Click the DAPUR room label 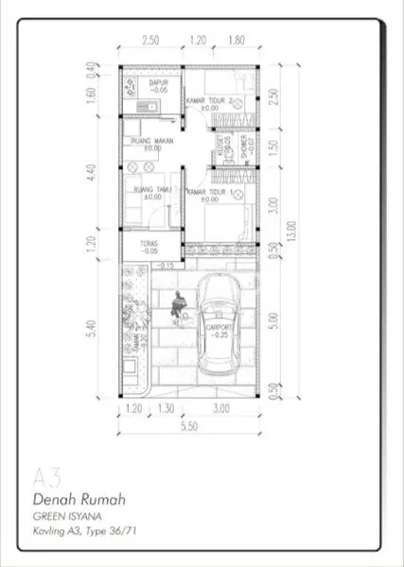(x=159, y=82)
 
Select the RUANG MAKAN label (x=151, y=142)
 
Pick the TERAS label (x=149, y=243)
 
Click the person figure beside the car (x=176, y=305)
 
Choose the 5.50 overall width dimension (x=188, y=427)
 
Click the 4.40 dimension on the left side (x=92, y=173)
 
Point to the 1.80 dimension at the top (x=237, y=41)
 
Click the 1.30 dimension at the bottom (x=166, y=409)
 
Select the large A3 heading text (x=45, y=475)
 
